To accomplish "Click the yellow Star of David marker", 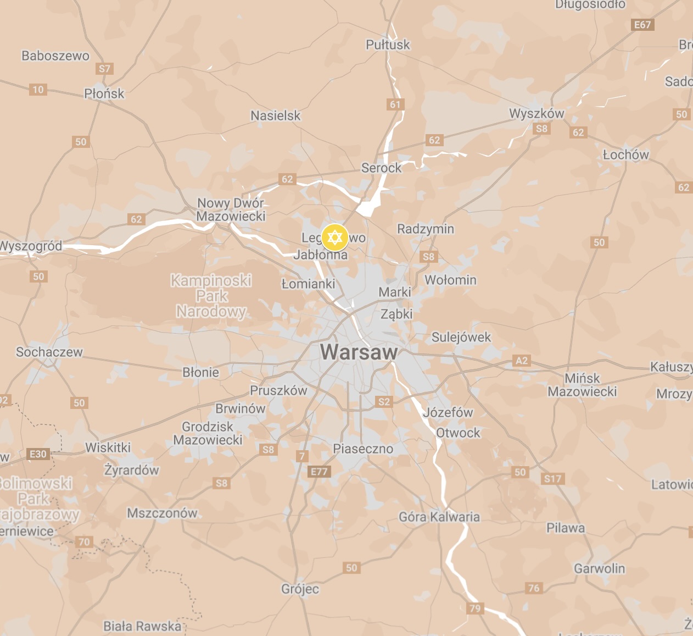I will (x=334, y=237).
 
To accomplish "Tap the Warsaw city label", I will (x=359, y=352).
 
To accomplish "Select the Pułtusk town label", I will (x=388, y=45).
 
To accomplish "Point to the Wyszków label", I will (x=536, y=114).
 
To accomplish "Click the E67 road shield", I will (x=642, y=25).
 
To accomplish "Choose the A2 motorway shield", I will (x=521, y=361).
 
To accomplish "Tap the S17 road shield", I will (x=552, y=478).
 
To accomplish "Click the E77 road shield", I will (x=318, y=471).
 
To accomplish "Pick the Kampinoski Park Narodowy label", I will (x=211, y=296).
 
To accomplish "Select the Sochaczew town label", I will (x=49, y=352).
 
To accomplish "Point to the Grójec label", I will (x=300, y=589).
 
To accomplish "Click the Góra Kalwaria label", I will (x=439, y=517).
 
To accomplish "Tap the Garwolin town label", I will (x=599, y=568).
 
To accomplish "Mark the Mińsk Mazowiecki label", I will (x=582, y=385).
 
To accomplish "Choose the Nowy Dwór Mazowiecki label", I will (x=231, y=209).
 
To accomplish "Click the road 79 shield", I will (x=475, y=608).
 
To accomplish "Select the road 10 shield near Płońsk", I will (x=38, y=90).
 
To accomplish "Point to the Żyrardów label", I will (x=131, y=470).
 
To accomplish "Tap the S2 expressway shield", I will (x=384, y=401).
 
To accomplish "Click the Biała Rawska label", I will (x=142, y=626).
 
